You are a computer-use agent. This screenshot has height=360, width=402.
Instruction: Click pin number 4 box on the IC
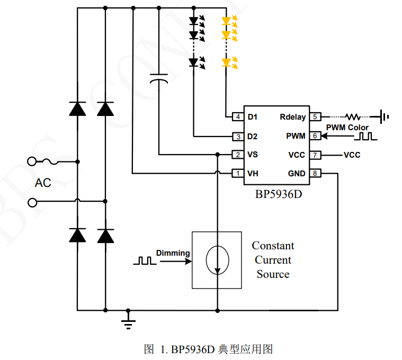click(238, 117)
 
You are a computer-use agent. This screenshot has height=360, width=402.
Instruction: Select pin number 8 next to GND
click(315, 174)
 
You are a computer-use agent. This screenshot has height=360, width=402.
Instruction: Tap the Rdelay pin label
click(292, 117)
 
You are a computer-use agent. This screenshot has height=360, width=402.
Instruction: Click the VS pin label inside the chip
click(253, 155)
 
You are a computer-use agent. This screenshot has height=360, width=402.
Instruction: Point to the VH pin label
click(253, 174)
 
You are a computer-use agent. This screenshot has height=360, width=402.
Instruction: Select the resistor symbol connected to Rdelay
click(352, 116)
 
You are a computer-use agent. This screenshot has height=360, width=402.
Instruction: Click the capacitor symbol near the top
click(159, 78)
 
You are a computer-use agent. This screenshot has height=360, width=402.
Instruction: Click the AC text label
click(43, 183)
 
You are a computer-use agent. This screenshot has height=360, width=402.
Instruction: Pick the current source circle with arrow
click(217, 260)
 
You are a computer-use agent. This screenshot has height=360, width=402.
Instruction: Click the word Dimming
click(173, 253)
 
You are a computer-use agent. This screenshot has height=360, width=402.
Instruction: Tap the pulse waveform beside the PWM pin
click(366, 136)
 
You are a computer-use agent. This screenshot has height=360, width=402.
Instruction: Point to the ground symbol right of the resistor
click(384, 116)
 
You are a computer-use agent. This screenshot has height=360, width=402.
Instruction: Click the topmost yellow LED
click(227, 22)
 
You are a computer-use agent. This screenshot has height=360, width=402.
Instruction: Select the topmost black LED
click(194, 22)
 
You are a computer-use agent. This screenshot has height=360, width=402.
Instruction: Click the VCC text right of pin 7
click(352, 155)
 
